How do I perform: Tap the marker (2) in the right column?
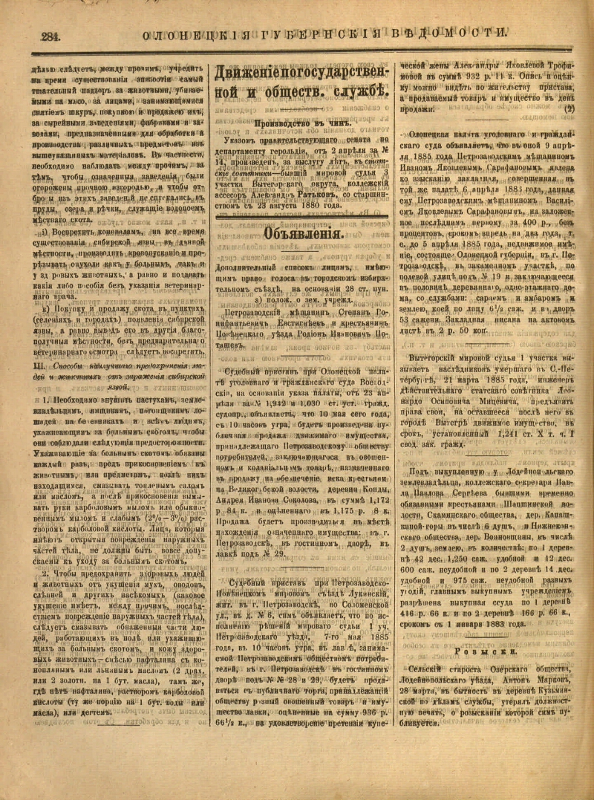coord(569,108)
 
